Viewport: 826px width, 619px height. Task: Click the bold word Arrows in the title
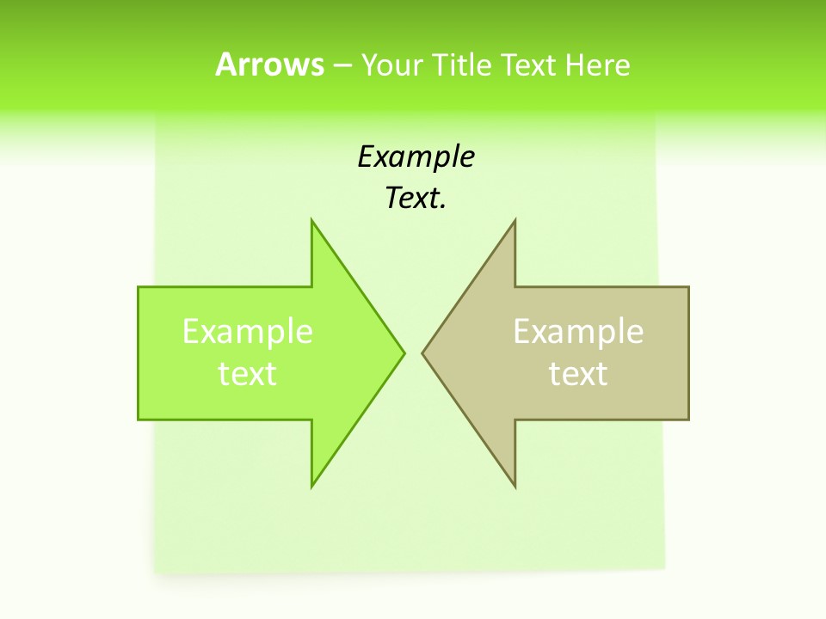tap(269, 64)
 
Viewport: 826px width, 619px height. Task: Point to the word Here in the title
tap(598, 64)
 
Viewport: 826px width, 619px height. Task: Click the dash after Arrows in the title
tap(342, 66)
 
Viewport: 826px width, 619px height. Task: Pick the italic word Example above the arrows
tap(416, 156)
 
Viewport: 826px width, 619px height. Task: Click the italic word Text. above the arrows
tap(416, 199)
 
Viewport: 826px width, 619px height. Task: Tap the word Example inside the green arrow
tap(248, 331)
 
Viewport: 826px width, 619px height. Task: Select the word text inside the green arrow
tap(248, 373)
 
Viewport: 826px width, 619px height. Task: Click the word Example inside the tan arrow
tap(578, 331)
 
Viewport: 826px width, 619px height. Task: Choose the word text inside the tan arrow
tap(578, 373)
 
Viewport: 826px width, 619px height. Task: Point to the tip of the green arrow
tap(404, 352)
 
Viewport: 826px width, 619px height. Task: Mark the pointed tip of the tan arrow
tap(422, 352)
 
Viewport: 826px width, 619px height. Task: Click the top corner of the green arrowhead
tap(312, 221)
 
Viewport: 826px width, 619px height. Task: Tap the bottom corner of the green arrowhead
tap(312, 486)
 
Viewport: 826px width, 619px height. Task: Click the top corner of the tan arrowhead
tap(515, 221)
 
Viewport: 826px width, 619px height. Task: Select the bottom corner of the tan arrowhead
tap(515, 486)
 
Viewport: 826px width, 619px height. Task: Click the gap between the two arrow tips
tap(413, 352)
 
